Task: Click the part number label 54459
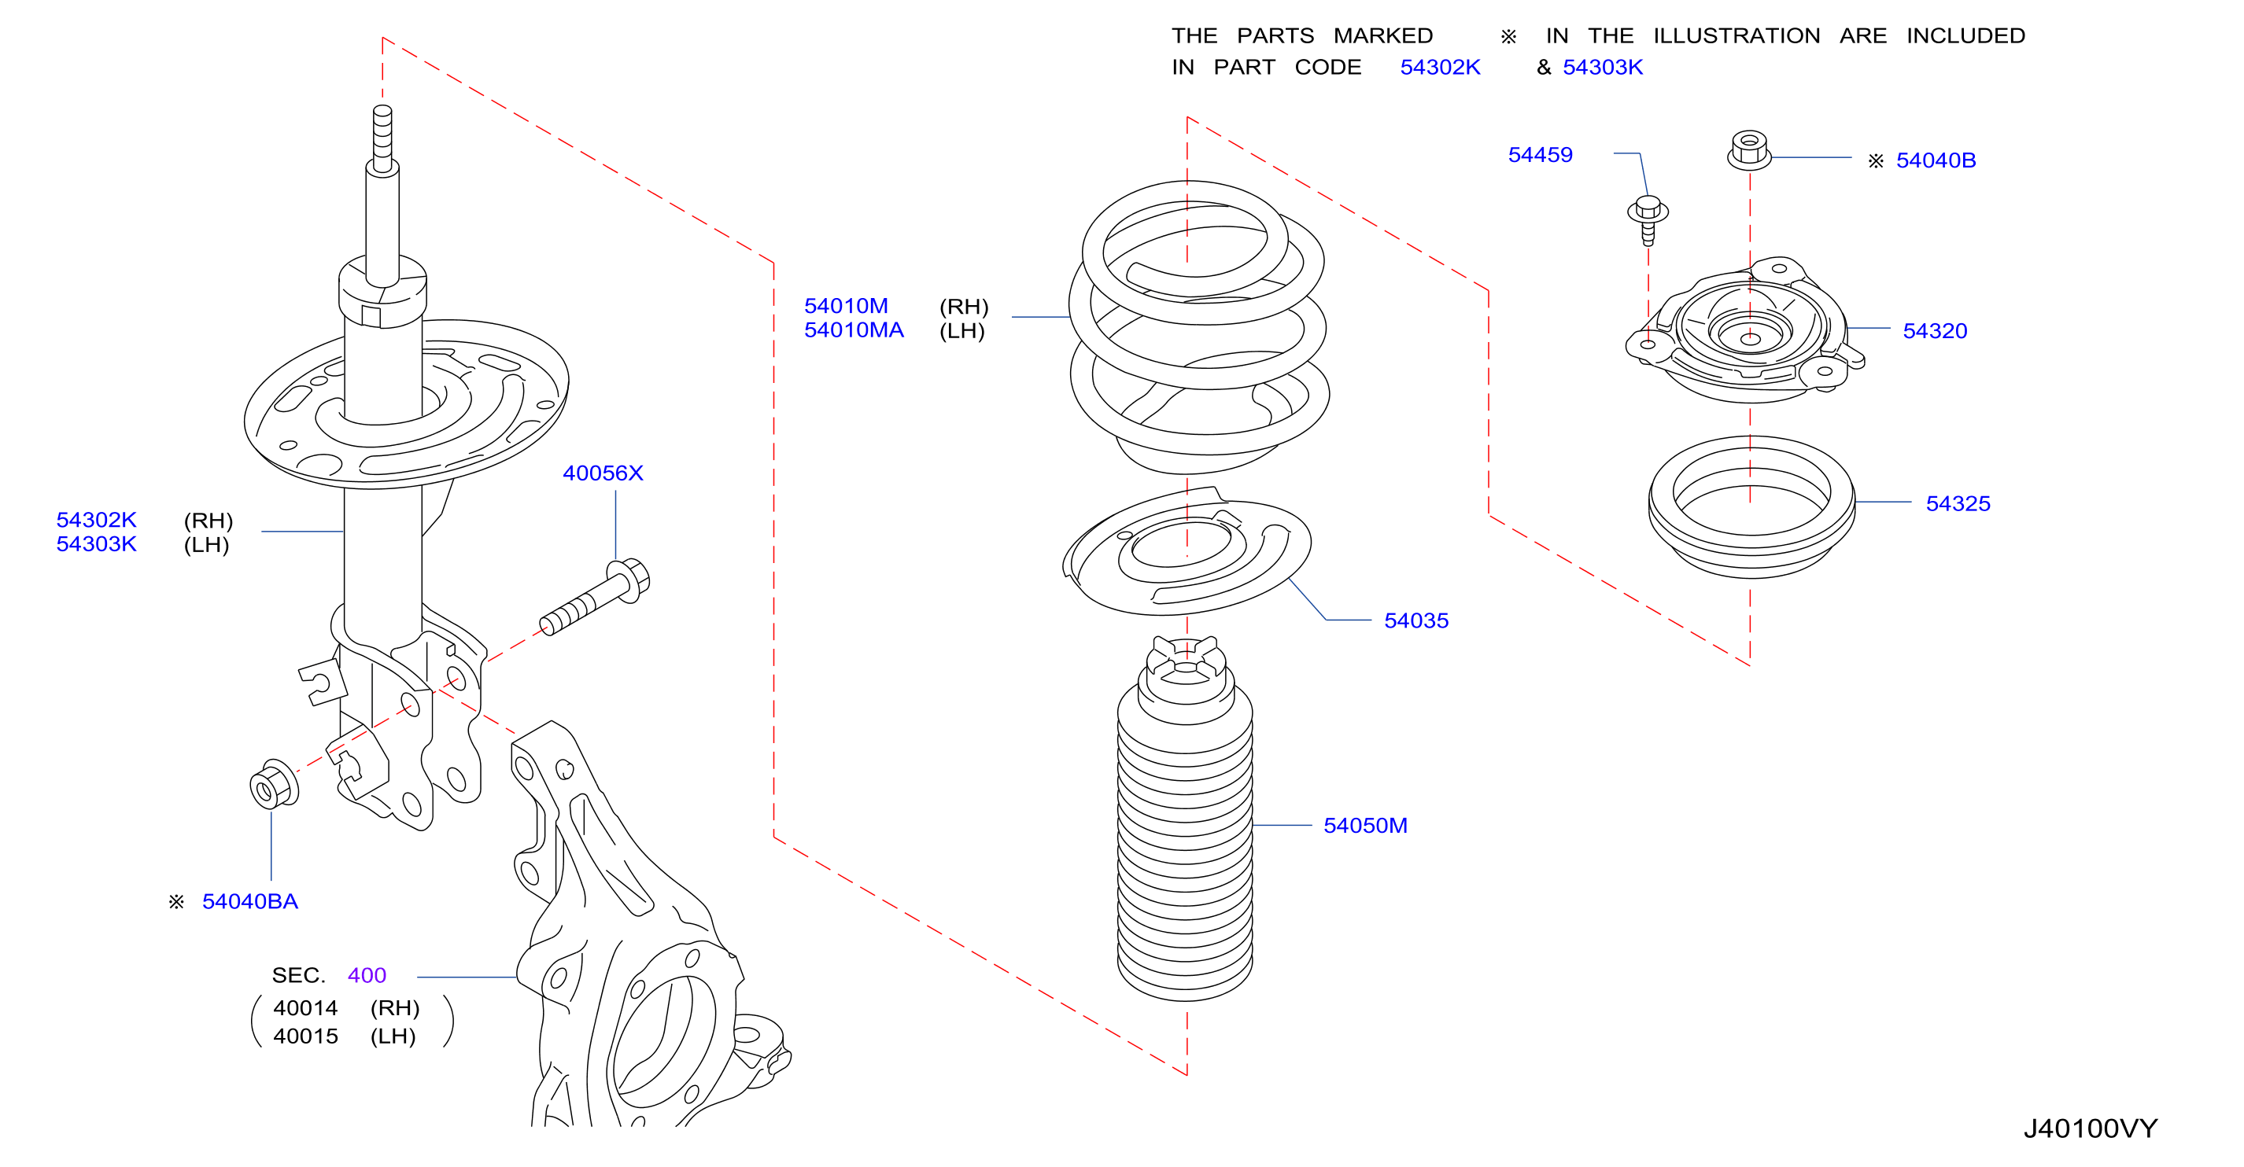pos(1539,155)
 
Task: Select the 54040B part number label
pos(1936,160)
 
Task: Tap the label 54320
pos(1935,331)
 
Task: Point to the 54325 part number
pos(1958,503)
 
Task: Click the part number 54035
pos(1415,621)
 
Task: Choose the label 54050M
pos(1365,826)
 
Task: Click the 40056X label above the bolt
pos(603,473)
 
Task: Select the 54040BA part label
pos(250,901)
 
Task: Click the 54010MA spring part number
pos(854,330)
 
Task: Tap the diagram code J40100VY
pos(2091,1128)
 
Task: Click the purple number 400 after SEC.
pos(367,975)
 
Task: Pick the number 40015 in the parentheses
pos(305,1036)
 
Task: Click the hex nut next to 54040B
pos(1749,149)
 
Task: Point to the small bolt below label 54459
pos(1648,219)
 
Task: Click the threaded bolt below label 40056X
pos(595,598)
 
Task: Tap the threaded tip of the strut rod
pos(382,138)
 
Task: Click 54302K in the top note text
pos(1440,67)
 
